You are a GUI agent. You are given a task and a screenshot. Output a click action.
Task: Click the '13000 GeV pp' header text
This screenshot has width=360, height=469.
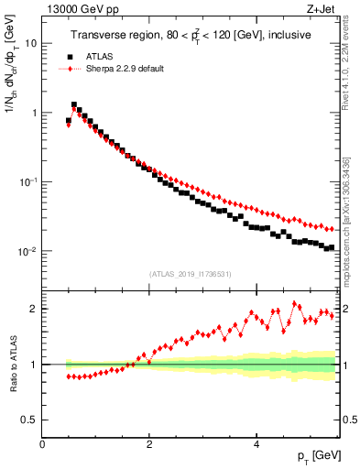click(72, 10)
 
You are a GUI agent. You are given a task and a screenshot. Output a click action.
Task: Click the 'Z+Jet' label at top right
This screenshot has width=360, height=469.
click(324, 10)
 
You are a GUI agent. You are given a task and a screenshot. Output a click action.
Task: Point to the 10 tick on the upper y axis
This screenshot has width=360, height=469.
click(32, 43)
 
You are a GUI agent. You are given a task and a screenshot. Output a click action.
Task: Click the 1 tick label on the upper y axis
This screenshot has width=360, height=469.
click(35, 113)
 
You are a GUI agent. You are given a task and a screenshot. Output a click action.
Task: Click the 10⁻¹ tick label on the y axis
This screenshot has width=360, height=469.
click(30, 182)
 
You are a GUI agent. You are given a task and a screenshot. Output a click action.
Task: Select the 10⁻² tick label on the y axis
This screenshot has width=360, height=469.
click(30, 252)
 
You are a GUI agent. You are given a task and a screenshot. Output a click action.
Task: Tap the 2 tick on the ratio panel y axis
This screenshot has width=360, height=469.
click(35, 309)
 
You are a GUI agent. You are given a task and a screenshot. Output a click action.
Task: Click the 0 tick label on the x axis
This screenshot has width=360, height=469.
click(42, 444)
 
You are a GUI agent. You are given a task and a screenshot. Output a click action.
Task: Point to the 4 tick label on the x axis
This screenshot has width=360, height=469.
click(256, 444)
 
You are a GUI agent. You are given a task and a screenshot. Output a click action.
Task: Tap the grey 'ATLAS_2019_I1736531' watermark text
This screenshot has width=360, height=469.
click(190, 273)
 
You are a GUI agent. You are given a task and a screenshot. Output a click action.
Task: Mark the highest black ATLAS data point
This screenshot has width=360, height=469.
click(74, 105)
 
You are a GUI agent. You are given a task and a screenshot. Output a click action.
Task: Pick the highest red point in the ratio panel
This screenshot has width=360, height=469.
click(295, 304)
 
